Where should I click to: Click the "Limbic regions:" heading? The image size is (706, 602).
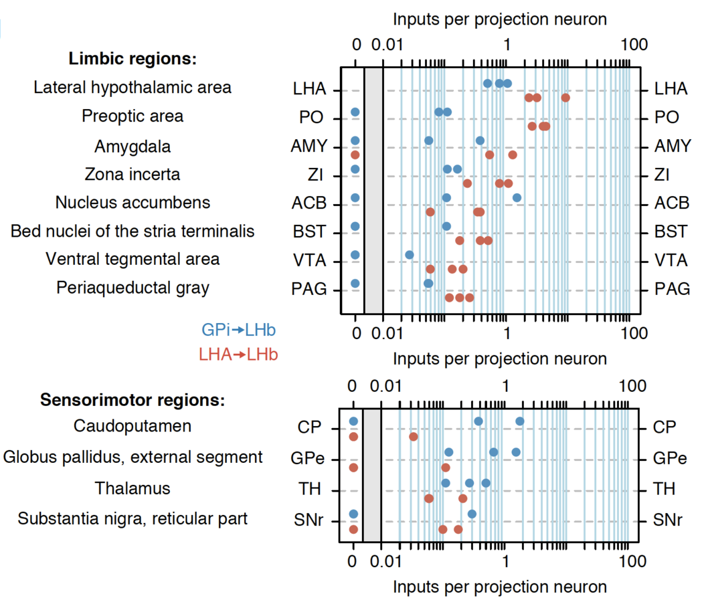[x=133, y=59]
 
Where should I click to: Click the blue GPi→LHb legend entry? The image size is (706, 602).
[x=238, y=330]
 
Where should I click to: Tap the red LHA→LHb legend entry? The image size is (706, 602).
[x=238, y=355]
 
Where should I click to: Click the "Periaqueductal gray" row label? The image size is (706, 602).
[x=133, y=288]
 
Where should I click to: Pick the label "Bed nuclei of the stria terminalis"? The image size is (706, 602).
[x=133, y=231]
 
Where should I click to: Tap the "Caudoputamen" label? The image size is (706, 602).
[x=133, y=426]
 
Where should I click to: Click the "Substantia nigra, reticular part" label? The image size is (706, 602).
[x=133, y=518]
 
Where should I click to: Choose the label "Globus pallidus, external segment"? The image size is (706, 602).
[x=133, y=458]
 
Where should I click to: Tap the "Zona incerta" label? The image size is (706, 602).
[x=133, y=175]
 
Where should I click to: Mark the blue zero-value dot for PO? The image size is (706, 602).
[x=355, y=112]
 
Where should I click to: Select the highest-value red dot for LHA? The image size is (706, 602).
[x=565, y=98]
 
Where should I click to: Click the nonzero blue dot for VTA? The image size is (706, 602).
[x=410, y=255]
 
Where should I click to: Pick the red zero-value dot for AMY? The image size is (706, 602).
[x=355, y=155]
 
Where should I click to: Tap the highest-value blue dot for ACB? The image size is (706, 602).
[x=517, y=198]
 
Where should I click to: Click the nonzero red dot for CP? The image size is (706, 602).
[x=414, y=437]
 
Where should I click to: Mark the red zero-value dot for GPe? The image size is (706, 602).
[x=353, y=468]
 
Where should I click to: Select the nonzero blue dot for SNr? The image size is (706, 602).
[x=472, y=514]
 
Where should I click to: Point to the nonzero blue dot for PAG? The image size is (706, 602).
[x=428, y=284]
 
